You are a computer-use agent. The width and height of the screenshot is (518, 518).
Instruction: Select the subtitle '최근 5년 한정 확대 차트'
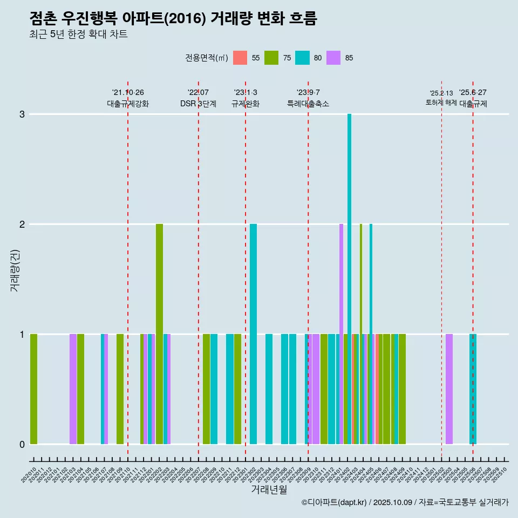[78, 35]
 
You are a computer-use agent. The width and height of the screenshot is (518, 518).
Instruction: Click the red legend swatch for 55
[240, 58]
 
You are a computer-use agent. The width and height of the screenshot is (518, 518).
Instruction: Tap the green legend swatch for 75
[271, 58]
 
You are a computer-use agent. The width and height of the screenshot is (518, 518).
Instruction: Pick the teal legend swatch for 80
[303, 58]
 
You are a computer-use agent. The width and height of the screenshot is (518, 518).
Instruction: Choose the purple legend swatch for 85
[334, 58]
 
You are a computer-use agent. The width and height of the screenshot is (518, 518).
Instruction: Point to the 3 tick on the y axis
[22, 114]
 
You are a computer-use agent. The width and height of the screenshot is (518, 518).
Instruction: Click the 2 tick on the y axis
[22, 224]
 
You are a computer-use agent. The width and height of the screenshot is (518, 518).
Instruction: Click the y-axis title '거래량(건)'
[15, 270]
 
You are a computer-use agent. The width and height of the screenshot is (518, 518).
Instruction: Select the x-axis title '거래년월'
[269, 489]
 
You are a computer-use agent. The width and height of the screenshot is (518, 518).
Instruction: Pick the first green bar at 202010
[33, 388]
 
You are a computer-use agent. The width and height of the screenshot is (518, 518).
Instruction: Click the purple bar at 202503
[449, 388]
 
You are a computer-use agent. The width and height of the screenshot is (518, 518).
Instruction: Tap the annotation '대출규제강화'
[128, 104]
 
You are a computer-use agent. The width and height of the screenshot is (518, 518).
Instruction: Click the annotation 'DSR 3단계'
[199, 104]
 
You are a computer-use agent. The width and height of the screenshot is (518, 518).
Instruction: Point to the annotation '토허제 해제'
[441, 103]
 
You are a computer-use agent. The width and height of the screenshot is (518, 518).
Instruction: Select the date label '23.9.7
[308, 93]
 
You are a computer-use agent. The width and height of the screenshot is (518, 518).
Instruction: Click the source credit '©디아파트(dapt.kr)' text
[335, 502]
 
